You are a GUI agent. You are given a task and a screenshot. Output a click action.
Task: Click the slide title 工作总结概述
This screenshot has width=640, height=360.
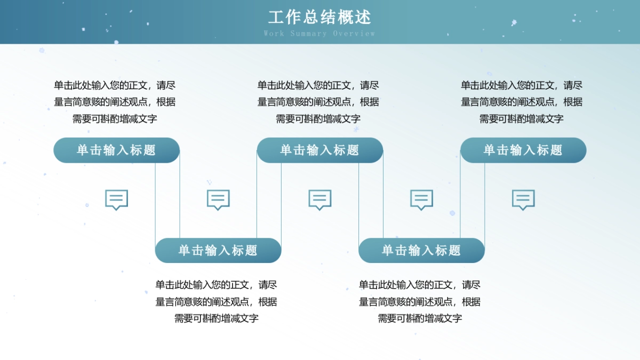pos(319,17)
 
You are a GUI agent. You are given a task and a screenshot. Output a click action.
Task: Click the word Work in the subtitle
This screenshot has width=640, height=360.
pos(274,34)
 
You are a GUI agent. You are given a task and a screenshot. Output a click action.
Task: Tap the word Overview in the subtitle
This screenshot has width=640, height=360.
pos(354,34)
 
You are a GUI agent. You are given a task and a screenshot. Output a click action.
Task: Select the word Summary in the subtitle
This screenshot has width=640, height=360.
pos(308,34)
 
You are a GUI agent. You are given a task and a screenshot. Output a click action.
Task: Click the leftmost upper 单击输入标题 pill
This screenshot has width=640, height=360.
pos(116,150)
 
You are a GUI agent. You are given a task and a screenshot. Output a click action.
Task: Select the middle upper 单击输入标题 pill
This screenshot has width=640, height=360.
pos(320,150)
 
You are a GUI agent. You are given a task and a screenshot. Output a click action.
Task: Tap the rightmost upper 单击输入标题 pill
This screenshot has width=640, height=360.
pos(523,150)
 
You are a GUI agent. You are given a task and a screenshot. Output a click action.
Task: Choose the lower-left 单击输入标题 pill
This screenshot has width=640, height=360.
pos(218,251)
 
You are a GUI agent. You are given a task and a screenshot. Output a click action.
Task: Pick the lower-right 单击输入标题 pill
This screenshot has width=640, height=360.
pos(421,251)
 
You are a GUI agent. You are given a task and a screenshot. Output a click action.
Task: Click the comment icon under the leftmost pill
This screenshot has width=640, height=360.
pos(116,199)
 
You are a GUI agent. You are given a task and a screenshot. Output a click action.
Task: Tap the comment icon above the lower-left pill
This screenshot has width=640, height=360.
pos(218,199)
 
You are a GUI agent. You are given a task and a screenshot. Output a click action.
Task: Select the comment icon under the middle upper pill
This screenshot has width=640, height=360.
pos(320,199)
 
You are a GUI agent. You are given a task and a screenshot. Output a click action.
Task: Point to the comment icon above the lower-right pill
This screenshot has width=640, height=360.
pos(421,199)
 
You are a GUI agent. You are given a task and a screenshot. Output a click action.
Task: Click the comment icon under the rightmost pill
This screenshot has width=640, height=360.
pos(523,199)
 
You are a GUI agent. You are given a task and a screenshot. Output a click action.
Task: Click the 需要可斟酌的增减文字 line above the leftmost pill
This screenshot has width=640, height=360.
pos(115,119)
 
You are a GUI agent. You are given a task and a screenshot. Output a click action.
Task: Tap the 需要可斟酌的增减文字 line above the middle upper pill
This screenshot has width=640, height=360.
pos(318,119)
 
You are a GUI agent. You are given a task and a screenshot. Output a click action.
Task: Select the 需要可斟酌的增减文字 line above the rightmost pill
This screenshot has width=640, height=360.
pos(521,119)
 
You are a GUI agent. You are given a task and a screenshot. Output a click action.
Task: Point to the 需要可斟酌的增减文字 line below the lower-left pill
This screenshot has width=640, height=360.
pos(217,318)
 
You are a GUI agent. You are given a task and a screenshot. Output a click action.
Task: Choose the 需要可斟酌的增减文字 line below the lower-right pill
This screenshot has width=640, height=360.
pos(420,318)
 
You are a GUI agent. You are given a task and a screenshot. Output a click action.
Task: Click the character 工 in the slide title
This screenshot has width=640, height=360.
pos(275,17)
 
